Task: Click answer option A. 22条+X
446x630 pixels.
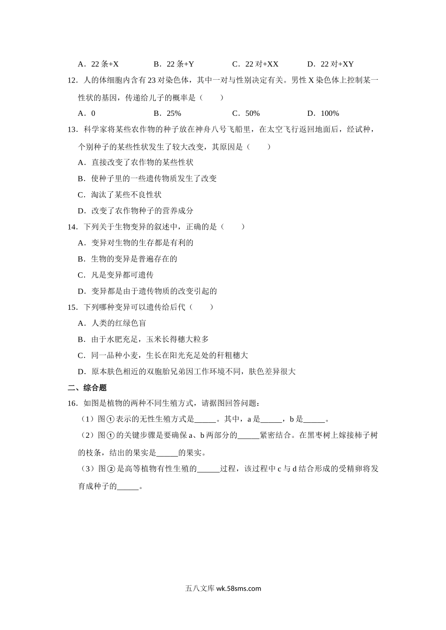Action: point(98,64)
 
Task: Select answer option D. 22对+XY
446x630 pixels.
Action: point(330,64)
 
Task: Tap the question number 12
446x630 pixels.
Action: point(72,81)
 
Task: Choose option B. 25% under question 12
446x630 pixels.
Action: point(167,113)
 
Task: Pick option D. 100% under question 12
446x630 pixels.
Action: point(323,113)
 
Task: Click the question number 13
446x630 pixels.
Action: point(72,130)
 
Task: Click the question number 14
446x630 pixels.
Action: point(72,227)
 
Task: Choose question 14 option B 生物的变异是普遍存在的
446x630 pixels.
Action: point(127,259)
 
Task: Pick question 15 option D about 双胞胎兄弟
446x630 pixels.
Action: point(186,372)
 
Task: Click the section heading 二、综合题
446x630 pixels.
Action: point(87,388)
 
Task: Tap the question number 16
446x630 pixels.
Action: point(72,403)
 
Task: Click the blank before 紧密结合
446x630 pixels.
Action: point(248,436)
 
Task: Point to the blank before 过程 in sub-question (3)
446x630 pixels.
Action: point(208,469)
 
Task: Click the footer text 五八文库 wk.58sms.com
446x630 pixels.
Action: point(223,589)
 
